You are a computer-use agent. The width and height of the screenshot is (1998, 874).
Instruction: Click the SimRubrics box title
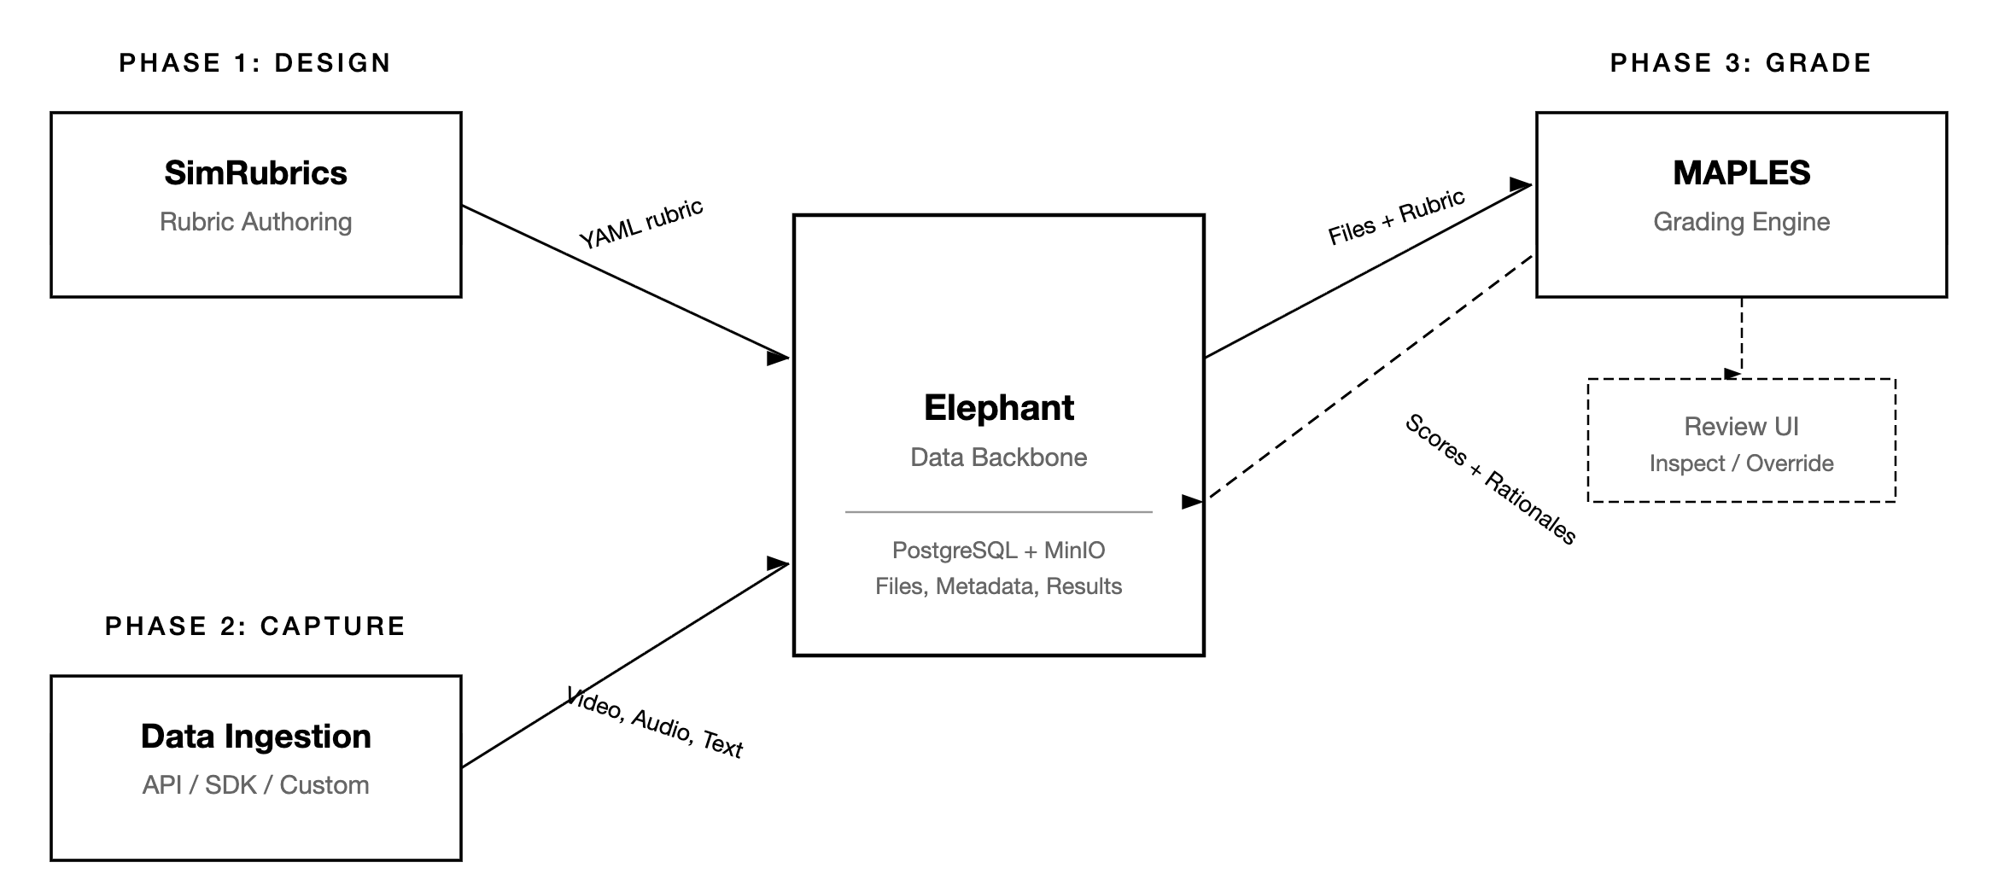click(x=255, y=173)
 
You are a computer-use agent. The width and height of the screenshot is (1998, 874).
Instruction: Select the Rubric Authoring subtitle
click(x=255, y=222)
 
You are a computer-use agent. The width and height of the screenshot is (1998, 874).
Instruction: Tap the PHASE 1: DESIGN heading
click(x=254, y=63)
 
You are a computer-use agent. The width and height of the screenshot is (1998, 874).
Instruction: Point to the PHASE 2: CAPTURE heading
click(x=254, y=626)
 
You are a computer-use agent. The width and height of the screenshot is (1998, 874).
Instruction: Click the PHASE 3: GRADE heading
click(x=1740, y=63)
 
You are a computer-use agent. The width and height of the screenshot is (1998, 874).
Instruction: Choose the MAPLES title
click(x=1741, y=173)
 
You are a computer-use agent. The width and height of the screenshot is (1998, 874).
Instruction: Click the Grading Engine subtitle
click(x=1741, y=222)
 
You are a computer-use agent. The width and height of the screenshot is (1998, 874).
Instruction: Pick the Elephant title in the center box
click(x=998, y=408)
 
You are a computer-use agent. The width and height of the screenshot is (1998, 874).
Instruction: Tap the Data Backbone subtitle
click(x=998, y=457)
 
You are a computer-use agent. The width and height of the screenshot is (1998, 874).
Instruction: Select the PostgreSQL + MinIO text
click(x=998, y=551)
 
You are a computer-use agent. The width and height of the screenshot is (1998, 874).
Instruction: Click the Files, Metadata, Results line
click(x=998, y=586)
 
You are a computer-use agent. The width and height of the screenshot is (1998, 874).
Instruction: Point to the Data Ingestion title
click(x=255, y=737)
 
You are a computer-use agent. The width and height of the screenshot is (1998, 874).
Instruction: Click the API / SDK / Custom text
click(x=255, y=785)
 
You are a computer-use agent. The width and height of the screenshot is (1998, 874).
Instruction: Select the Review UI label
click(x=1741, y=427)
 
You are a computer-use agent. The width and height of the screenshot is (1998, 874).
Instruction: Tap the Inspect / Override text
click(x=1741, y=463)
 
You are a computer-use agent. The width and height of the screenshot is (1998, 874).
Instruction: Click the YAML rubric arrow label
click(x=641, y=224)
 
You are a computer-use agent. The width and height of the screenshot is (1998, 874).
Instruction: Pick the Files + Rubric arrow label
click(x=1396, y=218)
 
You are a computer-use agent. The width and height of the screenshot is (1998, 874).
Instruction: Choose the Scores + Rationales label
click(x=1490, y=479)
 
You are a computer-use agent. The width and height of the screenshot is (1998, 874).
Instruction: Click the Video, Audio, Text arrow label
click(x=655, y=722)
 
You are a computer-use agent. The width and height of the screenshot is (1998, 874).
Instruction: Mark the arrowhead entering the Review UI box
click(x=1733, y=374)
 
